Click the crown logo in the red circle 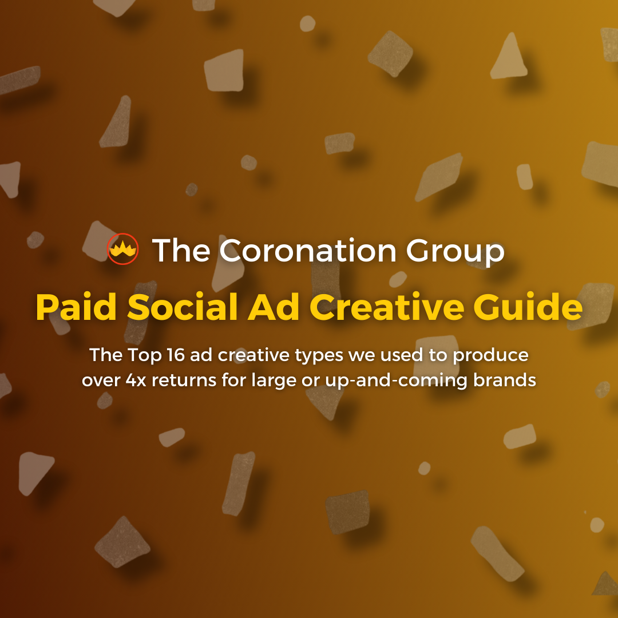coord(122,249)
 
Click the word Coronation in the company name coord(307,250)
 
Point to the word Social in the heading coord(182,307)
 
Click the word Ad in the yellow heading coord(273,307)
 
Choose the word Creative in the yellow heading coord(386,307)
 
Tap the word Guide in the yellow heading coord(528,307)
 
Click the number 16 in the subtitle coord(176,355)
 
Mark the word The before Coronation coord(181,250)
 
